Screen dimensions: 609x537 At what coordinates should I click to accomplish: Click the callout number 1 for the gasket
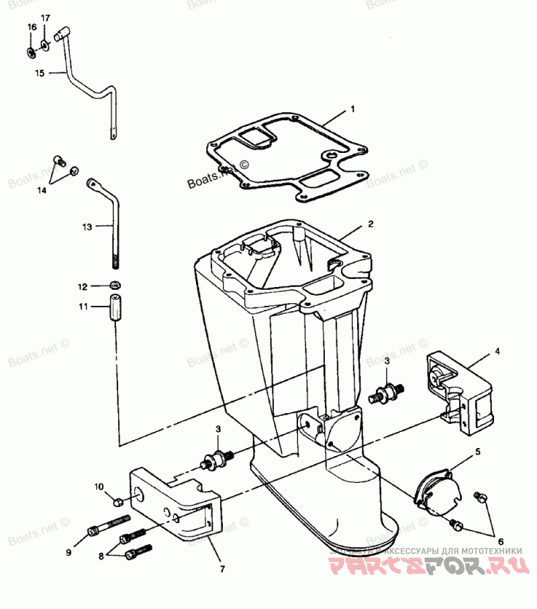click(x=352, y=108)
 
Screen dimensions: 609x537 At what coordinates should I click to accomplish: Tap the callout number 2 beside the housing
click(x=370, y=224)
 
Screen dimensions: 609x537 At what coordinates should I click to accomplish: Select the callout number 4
click(x=497, y=351)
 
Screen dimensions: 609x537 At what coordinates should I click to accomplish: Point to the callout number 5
click(x=478, y=452)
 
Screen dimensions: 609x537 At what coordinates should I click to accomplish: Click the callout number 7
click(x=223, y=569)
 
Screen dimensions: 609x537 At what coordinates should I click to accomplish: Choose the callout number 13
click(x=87, y=227)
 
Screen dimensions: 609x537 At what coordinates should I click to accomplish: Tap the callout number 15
click(x=39, y=72)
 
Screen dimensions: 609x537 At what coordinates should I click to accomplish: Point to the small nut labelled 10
click(x=117, y=501)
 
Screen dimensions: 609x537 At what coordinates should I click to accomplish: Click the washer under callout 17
click(x=45, y=46)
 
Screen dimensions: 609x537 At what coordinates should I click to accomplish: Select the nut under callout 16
click(x=32, y=51)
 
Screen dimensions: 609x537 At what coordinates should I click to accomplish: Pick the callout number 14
click(x=42, y=190)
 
